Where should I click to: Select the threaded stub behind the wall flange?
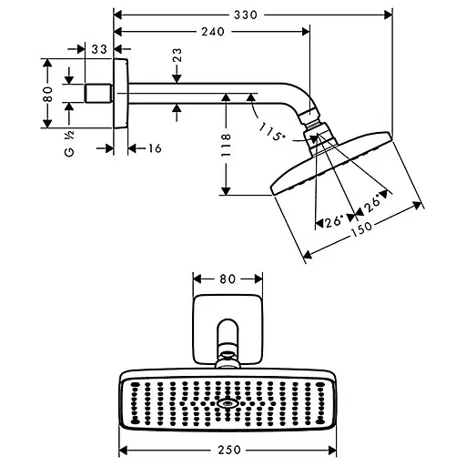95,93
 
